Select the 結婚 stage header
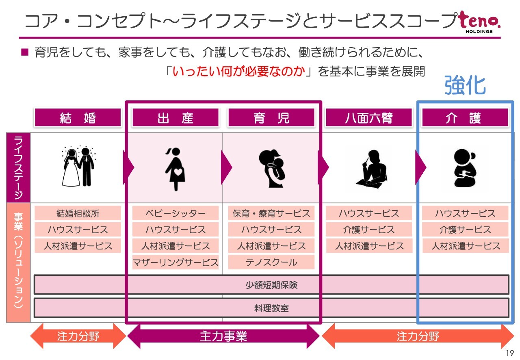pos(78,118)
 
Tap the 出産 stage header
pos(175,118)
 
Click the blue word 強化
pos(465,85)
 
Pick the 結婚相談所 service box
pos(78,213)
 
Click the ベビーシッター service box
pos(175,213)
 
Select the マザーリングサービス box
pos(175,262)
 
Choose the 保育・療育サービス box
pos(271,213)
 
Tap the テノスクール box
pos(271,262)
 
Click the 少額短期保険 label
pos(271,285)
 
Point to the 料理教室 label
pos(271,308)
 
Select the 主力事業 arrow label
pos(223,336)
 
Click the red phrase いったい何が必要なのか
pos(239,72)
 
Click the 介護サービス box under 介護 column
pos(465,230)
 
